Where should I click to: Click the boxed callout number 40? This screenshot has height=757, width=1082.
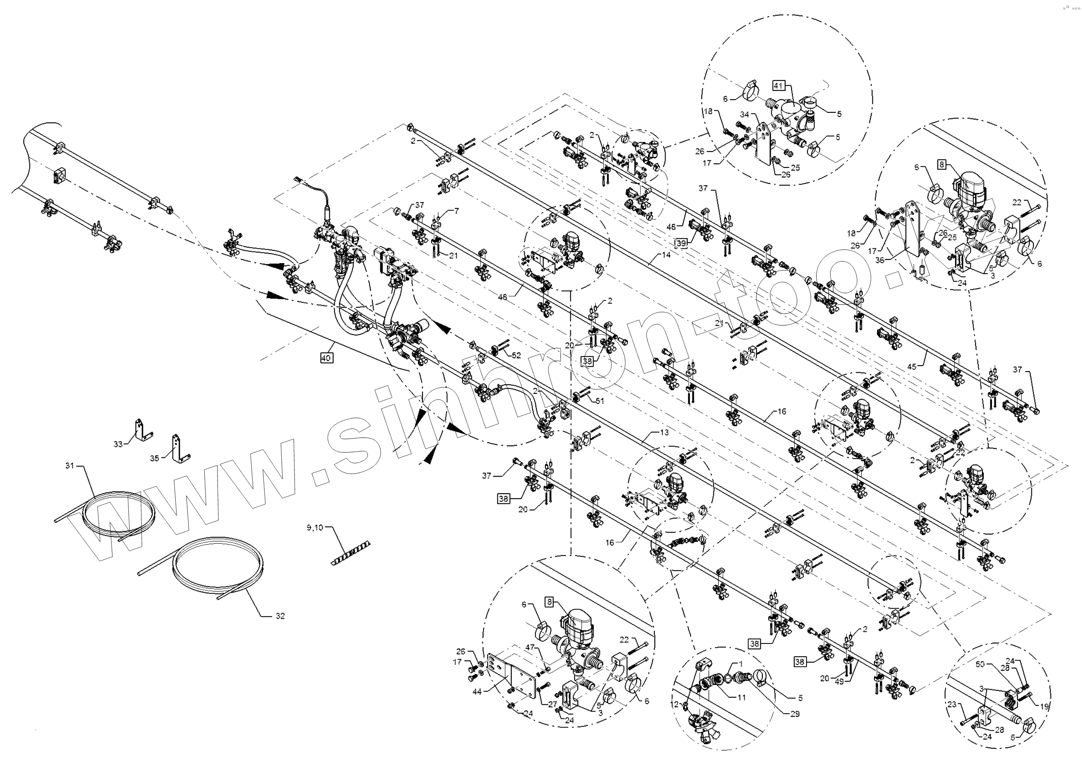point(326,358)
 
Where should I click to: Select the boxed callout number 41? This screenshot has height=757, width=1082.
point(778,86)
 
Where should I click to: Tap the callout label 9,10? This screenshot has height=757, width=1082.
point(315,527)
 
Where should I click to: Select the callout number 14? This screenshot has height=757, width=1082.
point(666,255)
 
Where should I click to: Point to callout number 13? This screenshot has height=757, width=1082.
point(664,432)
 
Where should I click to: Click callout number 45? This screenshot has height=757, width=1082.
point(912,367)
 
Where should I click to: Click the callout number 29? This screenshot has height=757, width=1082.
point(795,714)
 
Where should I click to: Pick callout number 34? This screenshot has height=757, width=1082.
point(744,114)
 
